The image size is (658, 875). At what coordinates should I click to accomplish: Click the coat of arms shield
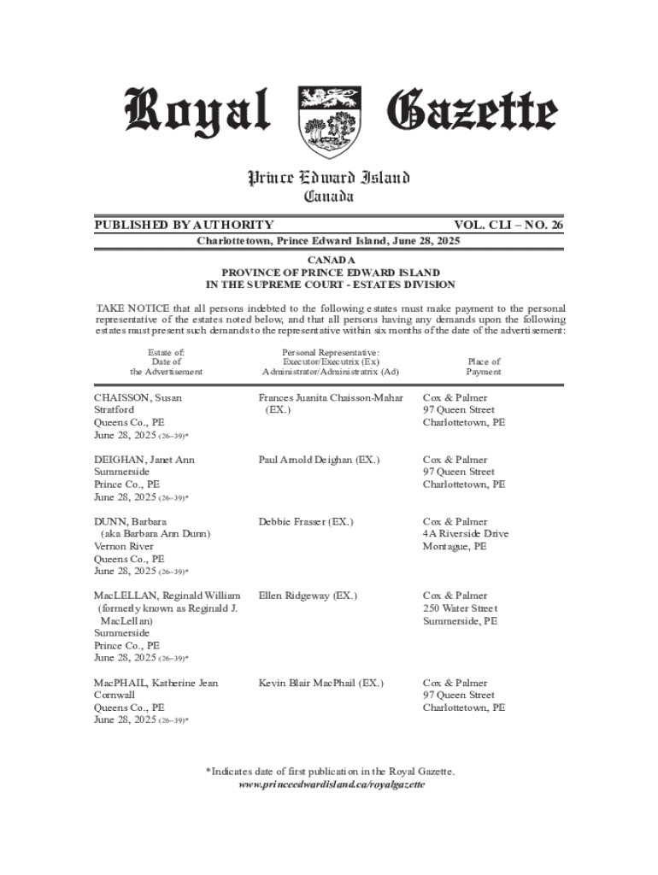tap(329, 121)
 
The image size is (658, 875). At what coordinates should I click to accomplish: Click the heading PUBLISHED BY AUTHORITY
tap(184, 225)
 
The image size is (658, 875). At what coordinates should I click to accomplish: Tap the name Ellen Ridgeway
tap(296, 595)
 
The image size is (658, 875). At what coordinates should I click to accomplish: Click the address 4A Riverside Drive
tap(466, 534)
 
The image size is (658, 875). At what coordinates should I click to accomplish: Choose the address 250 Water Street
tap(461, 608)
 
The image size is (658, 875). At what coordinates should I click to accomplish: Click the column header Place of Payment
tap(483, 367)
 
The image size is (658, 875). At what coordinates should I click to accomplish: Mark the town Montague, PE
tap(455, 546)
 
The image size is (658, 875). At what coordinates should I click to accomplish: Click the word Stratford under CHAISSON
tap(115, 410)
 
